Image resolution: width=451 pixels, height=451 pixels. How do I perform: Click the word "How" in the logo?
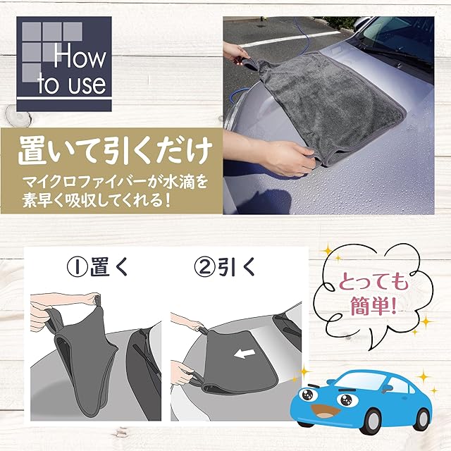(x=80, y=58)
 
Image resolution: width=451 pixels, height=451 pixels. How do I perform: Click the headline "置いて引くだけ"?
(x=115, y=152)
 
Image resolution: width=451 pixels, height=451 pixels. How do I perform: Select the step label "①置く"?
(x=97, y=266)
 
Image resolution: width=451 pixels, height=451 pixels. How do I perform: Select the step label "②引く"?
(x=225, y=266)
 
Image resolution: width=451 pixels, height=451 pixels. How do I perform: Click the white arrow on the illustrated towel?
(x=245, y=354)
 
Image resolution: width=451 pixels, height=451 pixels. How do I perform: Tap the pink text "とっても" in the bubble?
(x=373, y=282)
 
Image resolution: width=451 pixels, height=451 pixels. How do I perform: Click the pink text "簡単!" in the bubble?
(x=373, y=306)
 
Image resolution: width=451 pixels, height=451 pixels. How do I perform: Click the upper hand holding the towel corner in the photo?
(x=237, y=54)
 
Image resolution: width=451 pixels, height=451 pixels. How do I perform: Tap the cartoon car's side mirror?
(x=386, y=388)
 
